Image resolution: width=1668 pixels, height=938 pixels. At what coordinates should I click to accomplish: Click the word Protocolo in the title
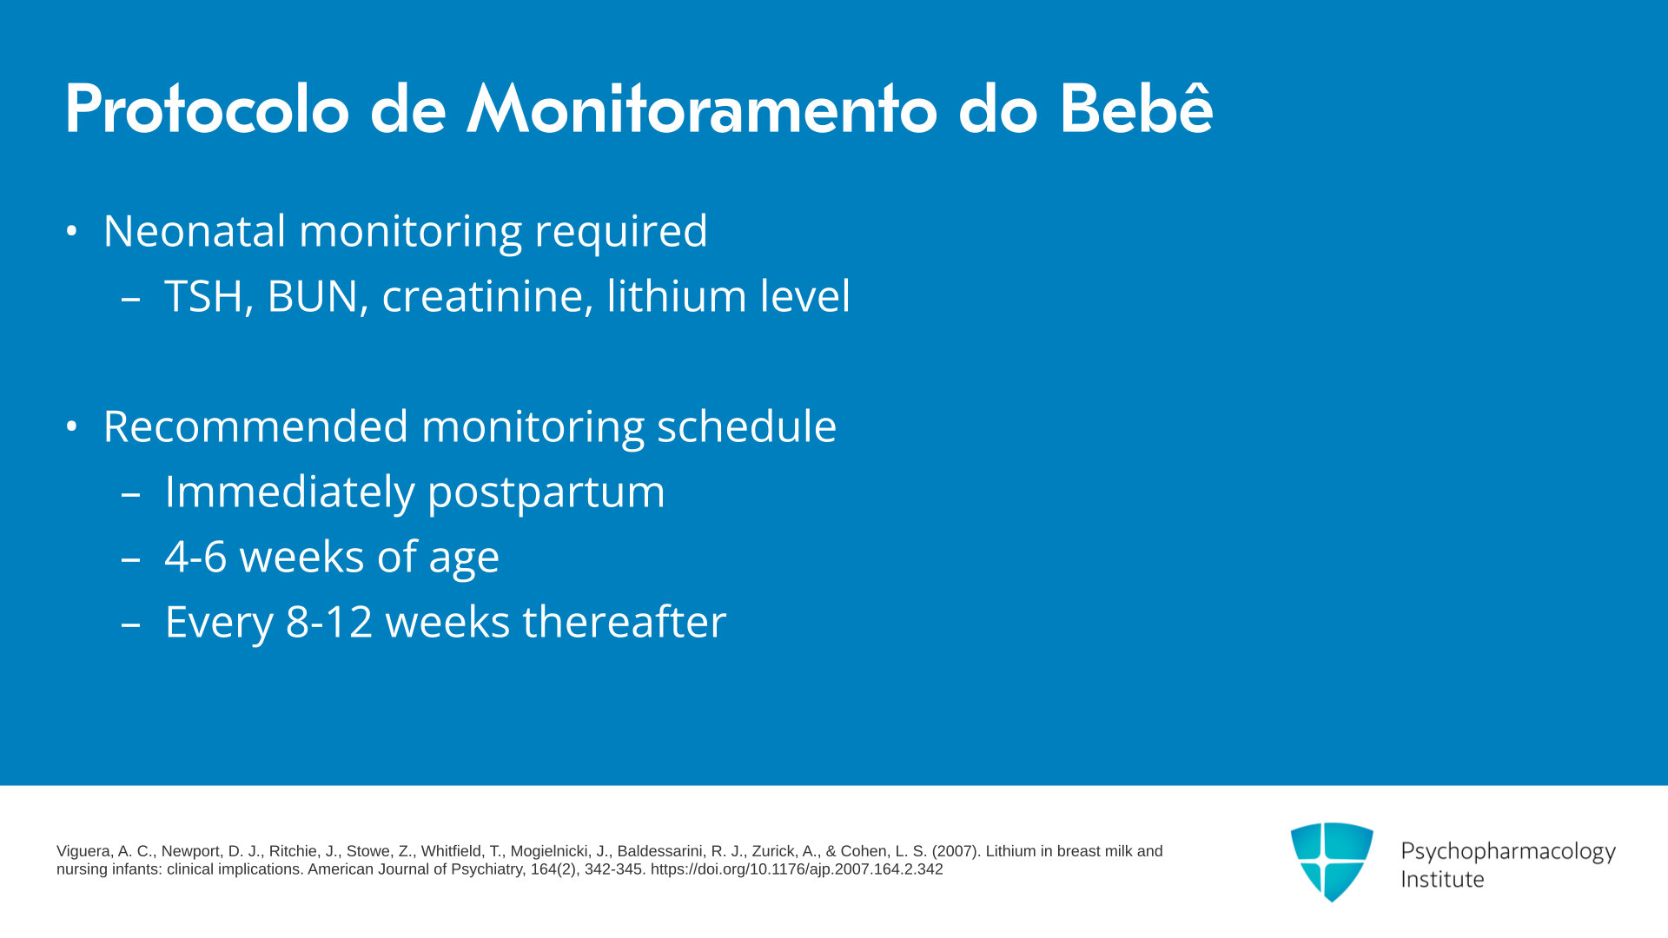(207, 110)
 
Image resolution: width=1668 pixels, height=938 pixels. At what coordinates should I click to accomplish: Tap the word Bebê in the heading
(1135, 109)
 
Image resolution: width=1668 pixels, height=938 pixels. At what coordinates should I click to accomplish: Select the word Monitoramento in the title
(702, 110)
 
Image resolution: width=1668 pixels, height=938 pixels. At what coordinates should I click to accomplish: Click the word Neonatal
(195, 231)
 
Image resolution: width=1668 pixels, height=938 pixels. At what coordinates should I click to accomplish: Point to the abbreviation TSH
(208, 296)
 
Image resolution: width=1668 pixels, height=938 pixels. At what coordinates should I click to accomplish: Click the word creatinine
(487, 296)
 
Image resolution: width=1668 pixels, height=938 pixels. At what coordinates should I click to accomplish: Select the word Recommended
(255, 426)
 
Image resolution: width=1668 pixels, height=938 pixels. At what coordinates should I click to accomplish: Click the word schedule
(746, 426)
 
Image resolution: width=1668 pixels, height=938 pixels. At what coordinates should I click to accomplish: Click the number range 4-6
(195, 557)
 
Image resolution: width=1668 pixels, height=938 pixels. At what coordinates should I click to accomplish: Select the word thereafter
(624, 622)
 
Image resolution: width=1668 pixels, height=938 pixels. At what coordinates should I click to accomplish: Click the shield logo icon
(1332, 862)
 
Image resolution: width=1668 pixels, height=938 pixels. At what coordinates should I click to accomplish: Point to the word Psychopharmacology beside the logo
(1508, 852)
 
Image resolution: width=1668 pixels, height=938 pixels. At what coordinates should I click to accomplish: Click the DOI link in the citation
(797, 869)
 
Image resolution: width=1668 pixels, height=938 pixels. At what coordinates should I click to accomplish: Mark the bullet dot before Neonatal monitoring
(72, 232)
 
